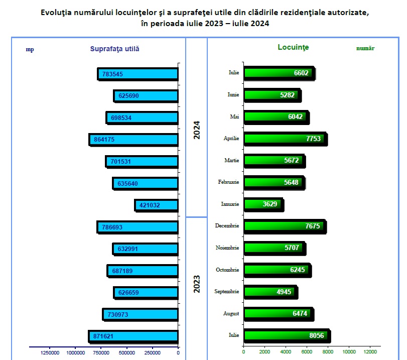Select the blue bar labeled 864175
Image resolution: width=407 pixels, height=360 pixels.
134,139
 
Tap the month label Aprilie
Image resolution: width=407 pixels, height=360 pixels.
231,138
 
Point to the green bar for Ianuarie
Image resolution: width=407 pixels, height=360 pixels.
263,204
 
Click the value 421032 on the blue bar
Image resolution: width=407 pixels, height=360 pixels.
149,205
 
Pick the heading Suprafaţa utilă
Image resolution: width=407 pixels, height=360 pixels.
114,49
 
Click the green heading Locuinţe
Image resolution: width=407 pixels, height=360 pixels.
293,47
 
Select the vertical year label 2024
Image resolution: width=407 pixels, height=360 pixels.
197,130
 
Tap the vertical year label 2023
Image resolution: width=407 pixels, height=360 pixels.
197,284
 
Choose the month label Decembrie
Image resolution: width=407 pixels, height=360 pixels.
227,226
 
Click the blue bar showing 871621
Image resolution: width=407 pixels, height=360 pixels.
133,336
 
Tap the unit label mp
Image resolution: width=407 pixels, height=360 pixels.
30,49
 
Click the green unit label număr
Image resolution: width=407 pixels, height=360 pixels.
365,49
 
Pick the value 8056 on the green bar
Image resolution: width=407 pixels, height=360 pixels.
316,335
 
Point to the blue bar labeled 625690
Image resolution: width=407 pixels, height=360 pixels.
146,95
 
